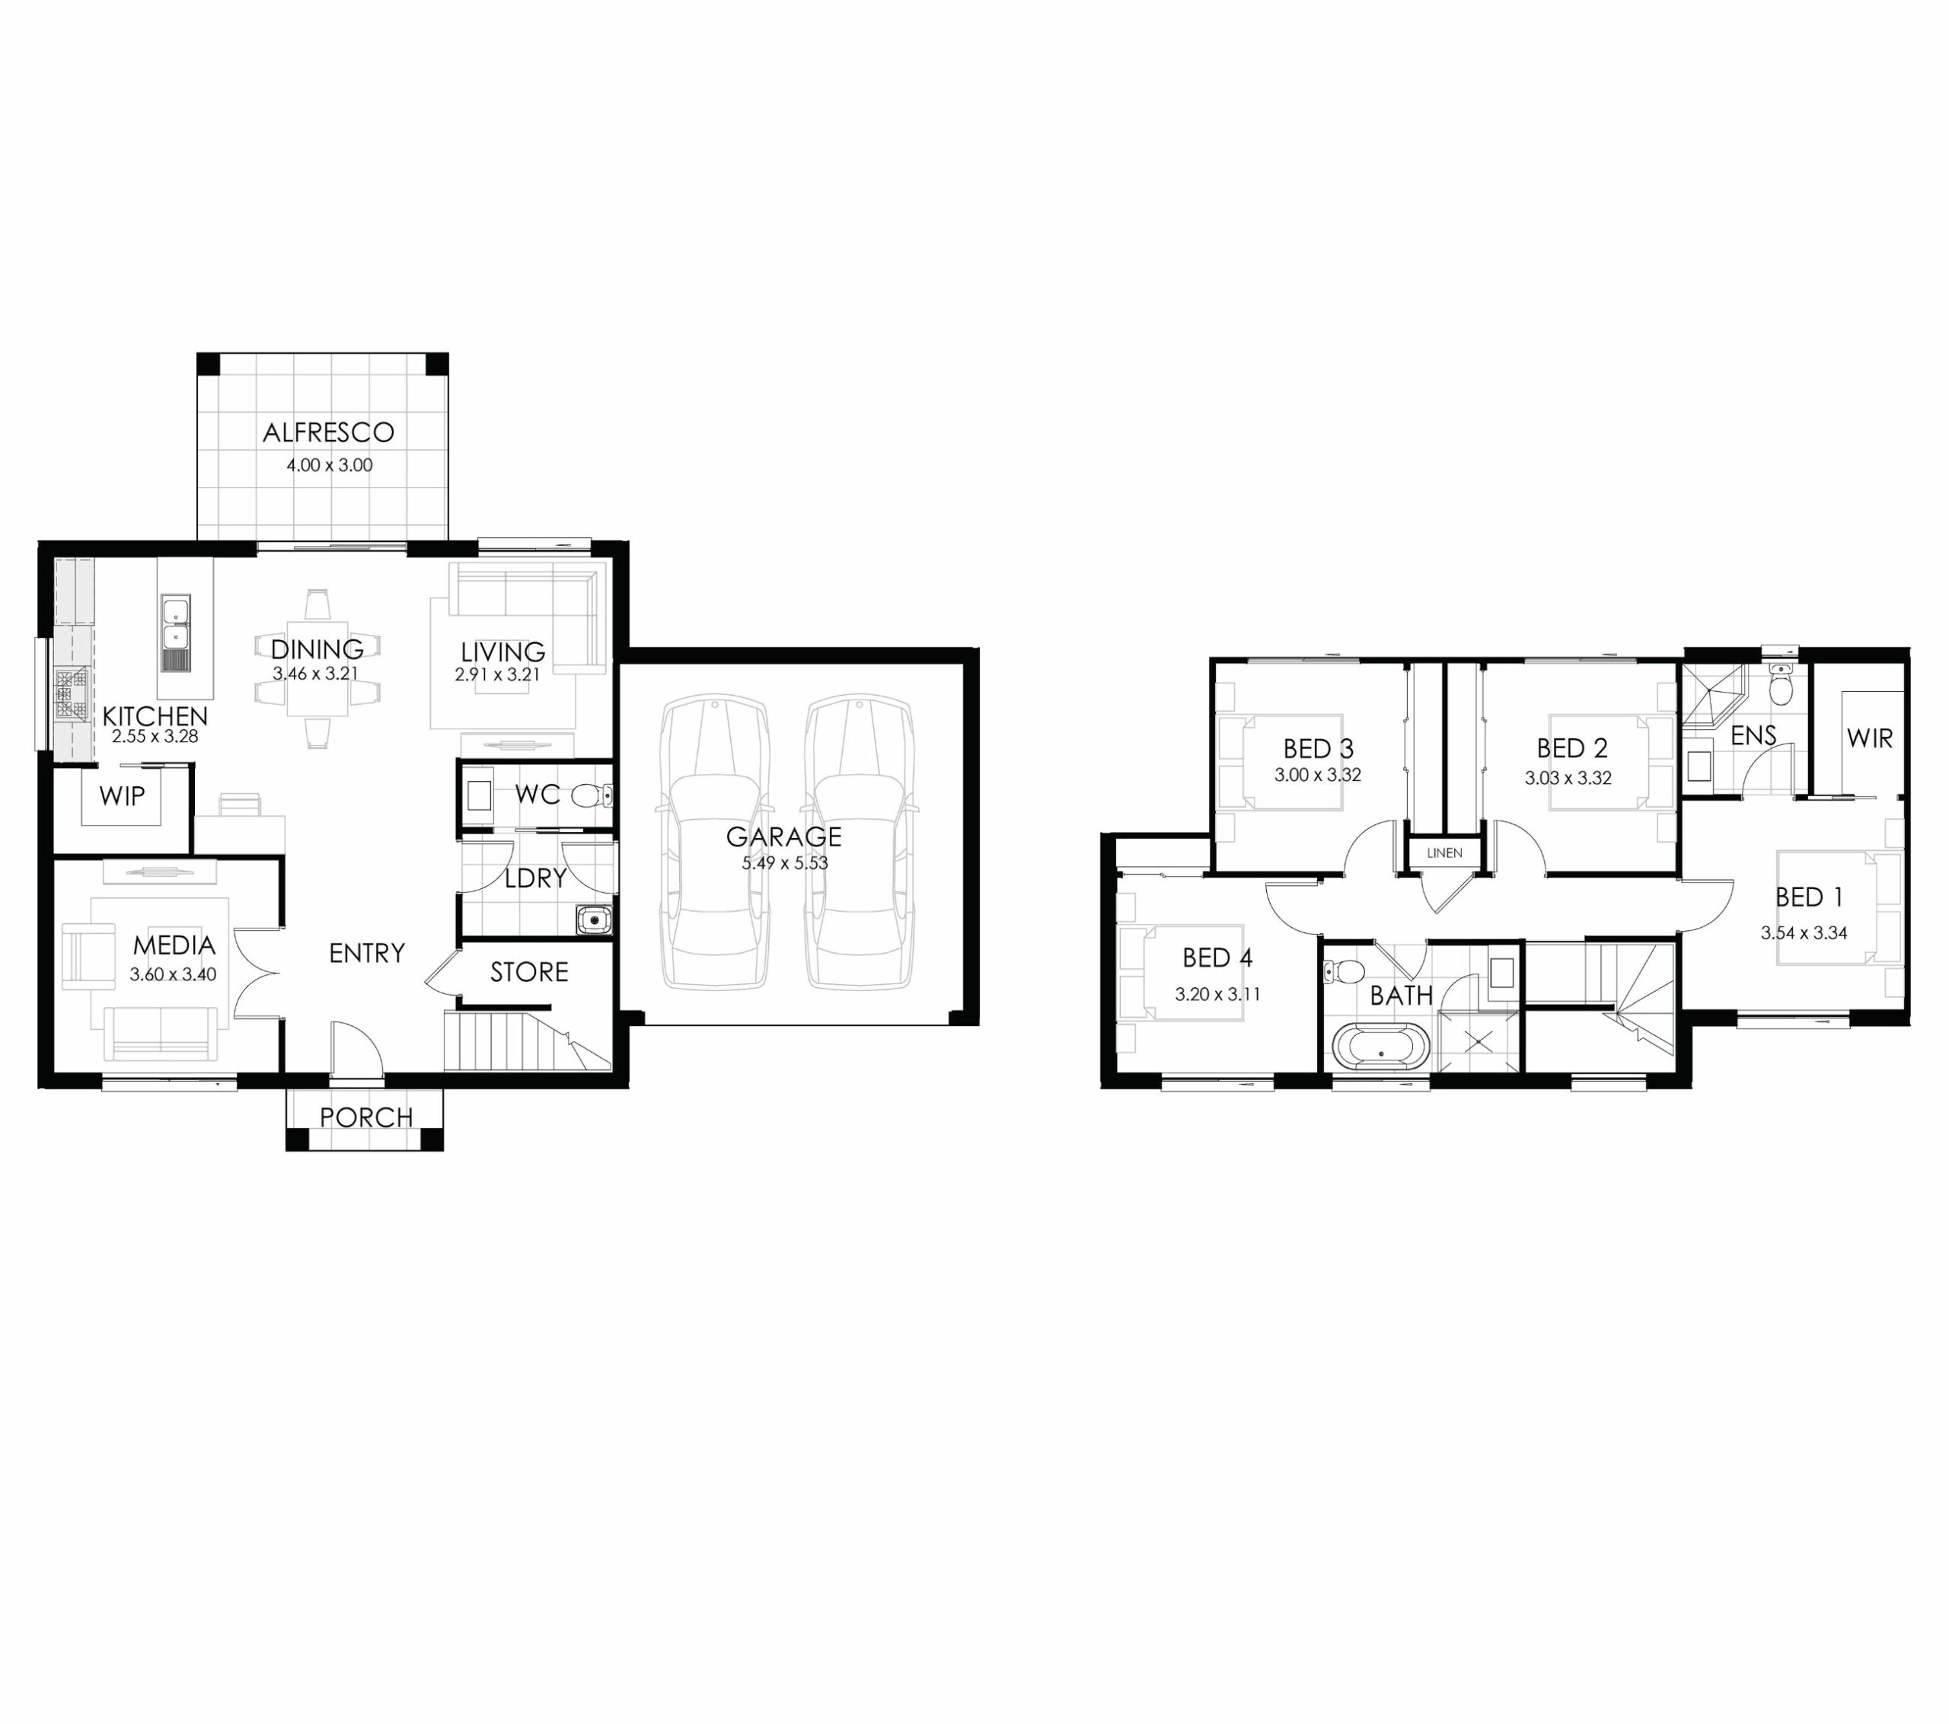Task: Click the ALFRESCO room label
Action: (x=328, y=433)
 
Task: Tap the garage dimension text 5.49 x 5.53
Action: (x=785, y=863)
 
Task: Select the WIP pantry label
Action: (x=122, y=796)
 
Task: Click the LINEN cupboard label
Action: (x=1444, y=852)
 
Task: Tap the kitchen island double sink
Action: (x=175, y=623)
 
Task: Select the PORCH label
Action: (x=366, y=1117)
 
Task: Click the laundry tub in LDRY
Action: (x=594, y=920)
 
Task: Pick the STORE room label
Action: (x=529, y=973)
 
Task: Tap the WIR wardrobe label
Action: (x=1869, y=738)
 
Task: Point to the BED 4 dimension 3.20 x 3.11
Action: (x=1217, y=995)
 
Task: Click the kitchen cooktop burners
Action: (x=71, y=693)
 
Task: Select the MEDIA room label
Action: (x=174, y=946)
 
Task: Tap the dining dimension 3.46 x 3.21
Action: (x=316, y=673)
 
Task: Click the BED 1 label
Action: (x=1809, y=897)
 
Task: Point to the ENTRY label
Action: (x=367, y=954)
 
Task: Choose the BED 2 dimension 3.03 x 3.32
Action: (x=1568, y=778)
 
